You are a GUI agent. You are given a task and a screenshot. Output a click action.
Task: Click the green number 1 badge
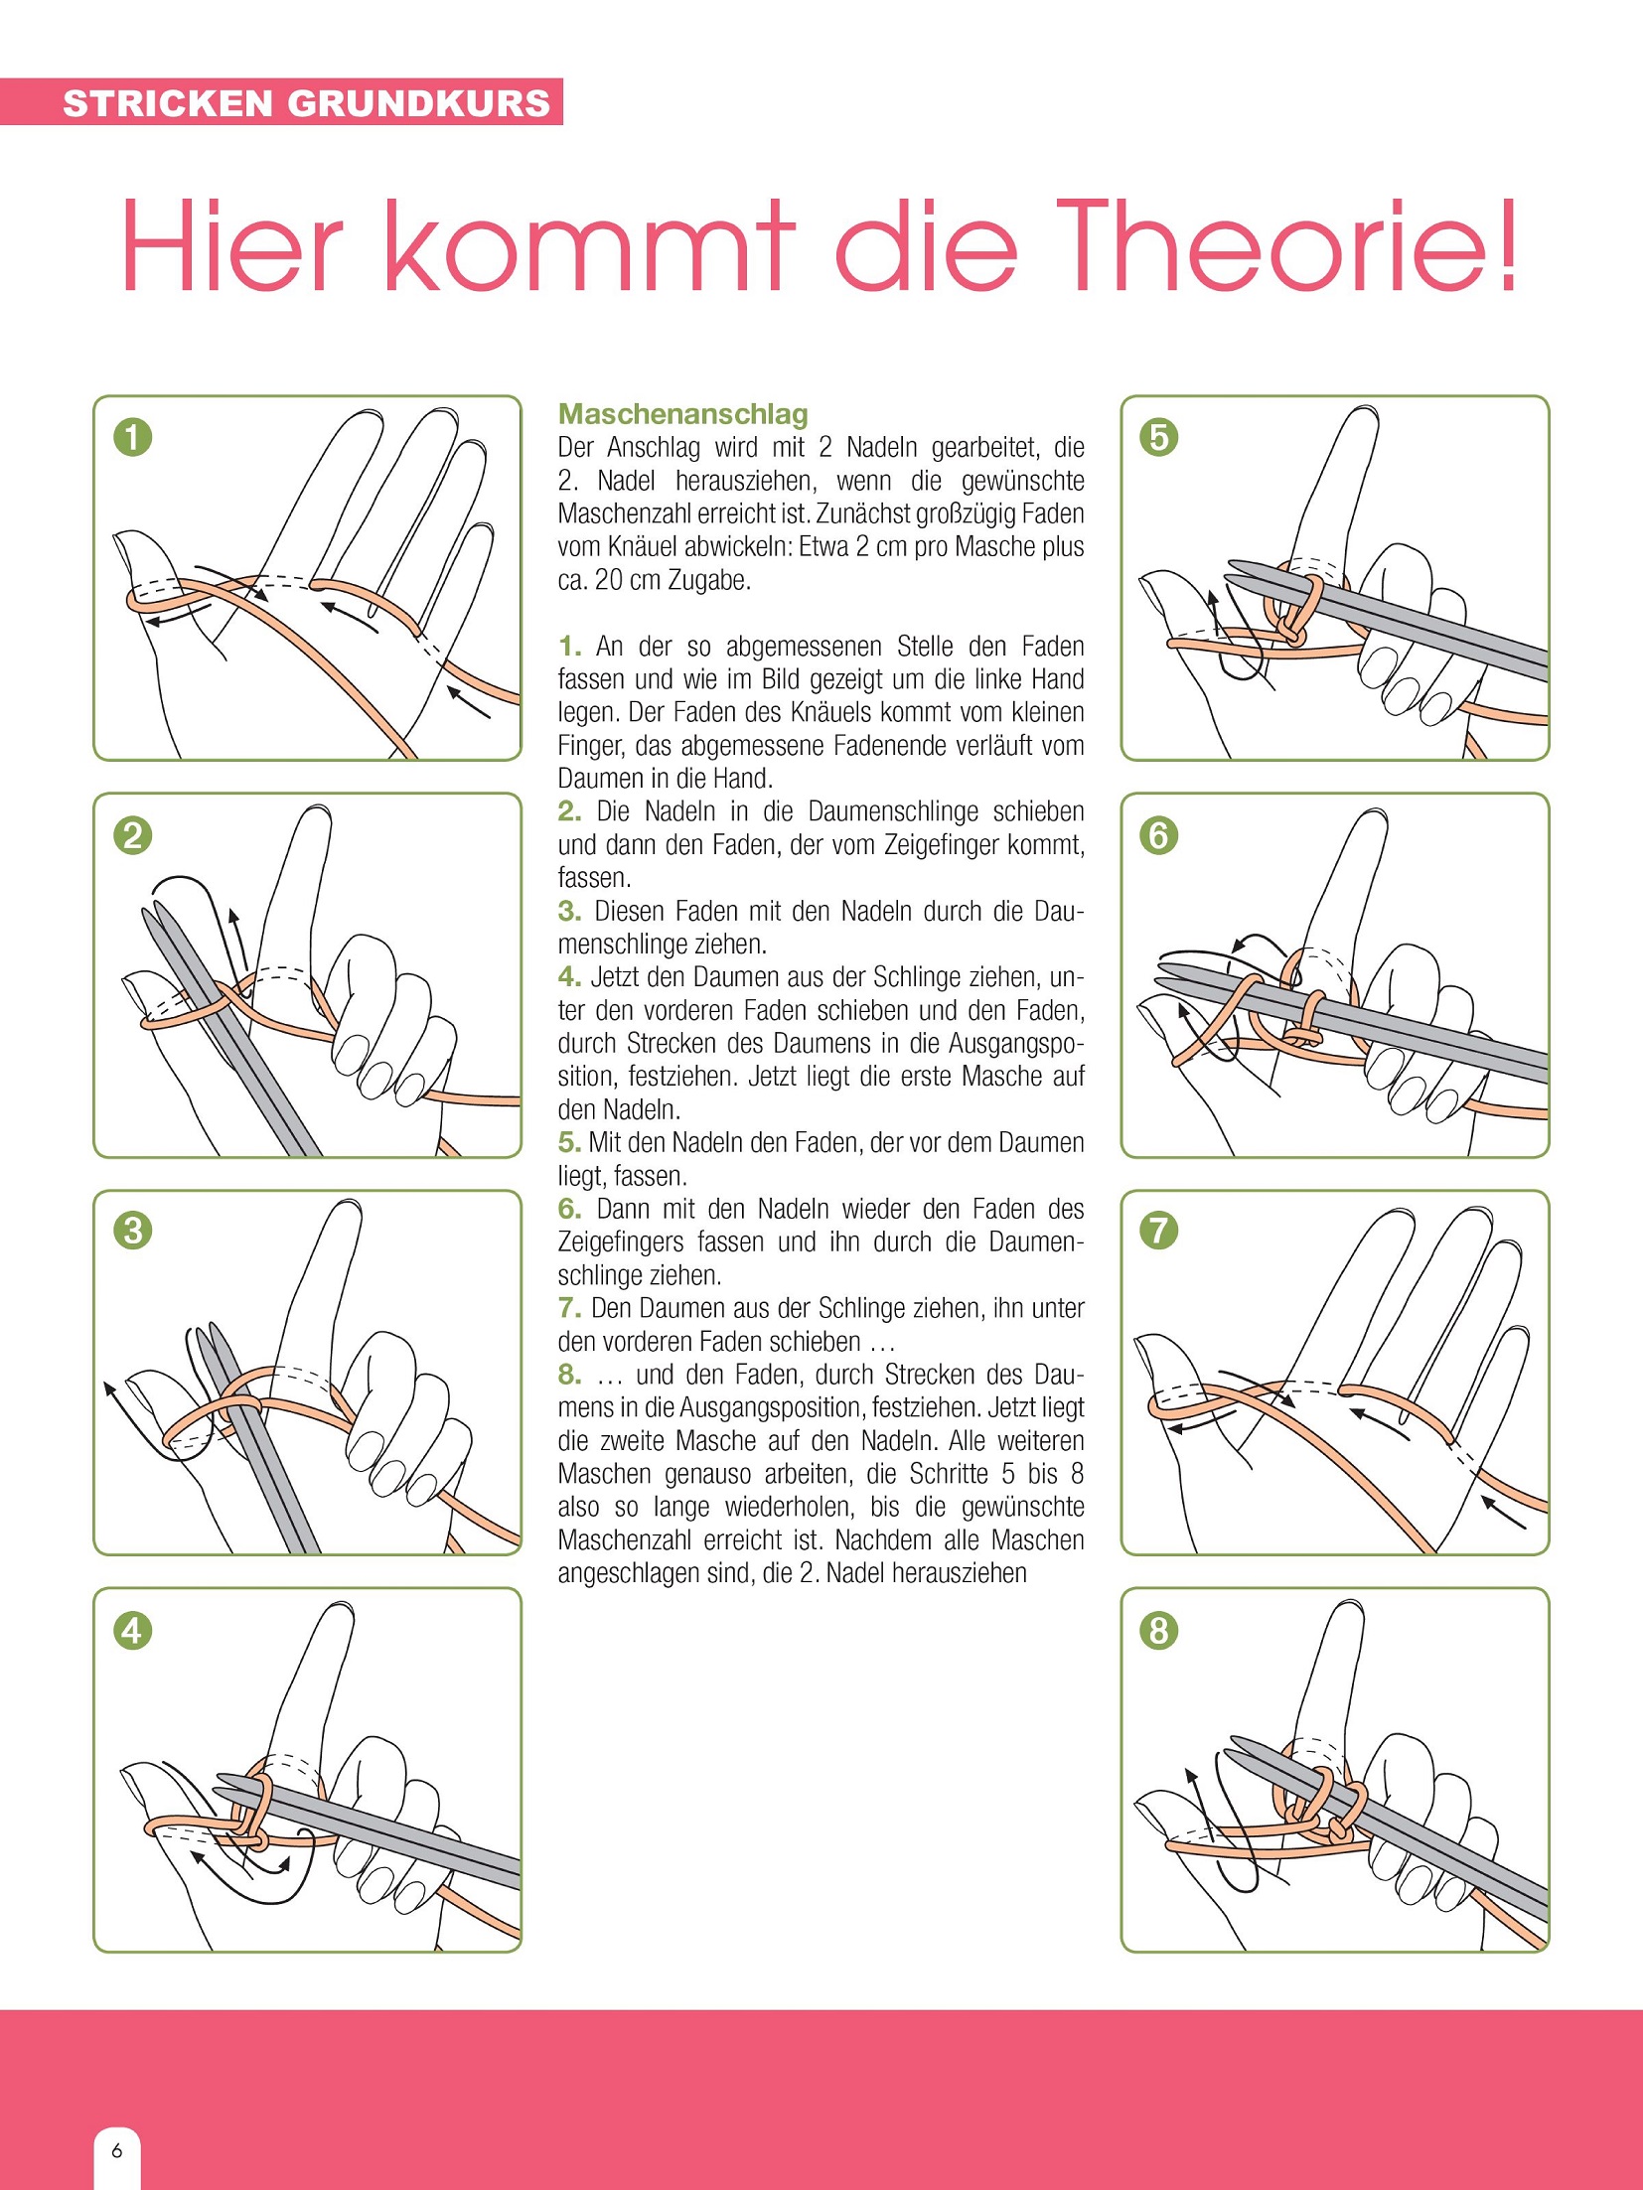coord(132,437)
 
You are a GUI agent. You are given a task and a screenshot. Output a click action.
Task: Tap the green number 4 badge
coord(132,1630)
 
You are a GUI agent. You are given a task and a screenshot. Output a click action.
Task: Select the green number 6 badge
coord(1159,835)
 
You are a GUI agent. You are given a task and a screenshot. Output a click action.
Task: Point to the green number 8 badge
coord(1159,1630)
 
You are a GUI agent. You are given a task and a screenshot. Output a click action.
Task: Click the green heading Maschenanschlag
coord(683,414)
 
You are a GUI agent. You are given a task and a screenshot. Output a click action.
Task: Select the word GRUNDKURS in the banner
coord(418,103)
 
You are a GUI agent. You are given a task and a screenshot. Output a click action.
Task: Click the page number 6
coord(117,2151)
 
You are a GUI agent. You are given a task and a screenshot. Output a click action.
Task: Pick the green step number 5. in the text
coord(569,1142)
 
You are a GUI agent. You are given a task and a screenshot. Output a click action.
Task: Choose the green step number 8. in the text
coord(569,1375)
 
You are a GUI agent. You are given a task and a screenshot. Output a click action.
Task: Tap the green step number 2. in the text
coord(569,811)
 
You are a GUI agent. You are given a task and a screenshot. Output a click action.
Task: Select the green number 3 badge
coord(132,1232)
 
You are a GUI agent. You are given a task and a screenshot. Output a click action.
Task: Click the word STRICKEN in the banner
coord(168,103)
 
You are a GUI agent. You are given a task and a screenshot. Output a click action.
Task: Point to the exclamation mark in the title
coord(1508,245)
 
